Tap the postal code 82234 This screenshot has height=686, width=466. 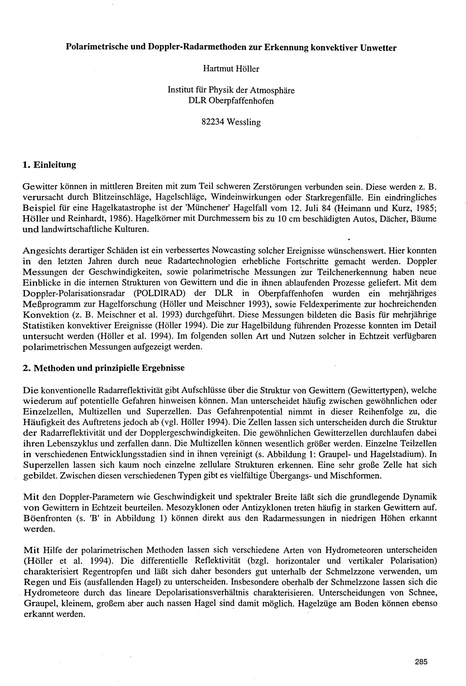213,122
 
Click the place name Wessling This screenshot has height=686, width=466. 244,122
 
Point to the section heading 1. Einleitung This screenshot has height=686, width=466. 49,165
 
